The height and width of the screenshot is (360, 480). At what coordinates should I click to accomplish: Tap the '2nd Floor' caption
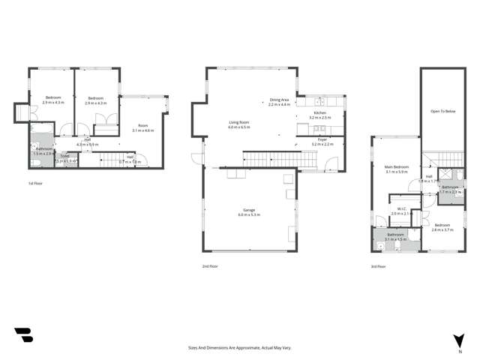210,265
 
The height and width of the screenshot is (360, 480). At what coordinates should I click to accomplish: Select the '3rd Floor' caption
379,265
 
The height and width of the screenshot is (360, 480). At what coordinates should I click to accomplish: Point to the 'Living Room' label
239,122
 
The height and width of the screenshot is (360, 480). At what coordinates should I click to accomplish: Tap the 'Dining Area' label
280,100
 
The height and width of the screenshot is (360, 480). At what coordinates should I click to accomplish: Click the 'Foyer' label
321,139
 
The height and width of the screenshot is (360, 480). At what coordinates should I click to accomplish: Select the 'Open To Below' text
443,111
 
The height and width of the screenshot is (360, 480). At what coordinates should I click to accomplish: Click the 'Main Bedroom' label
397,166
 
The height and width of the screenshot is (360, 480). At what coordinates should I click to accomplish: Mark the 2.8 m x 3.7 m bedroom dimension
442,229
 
